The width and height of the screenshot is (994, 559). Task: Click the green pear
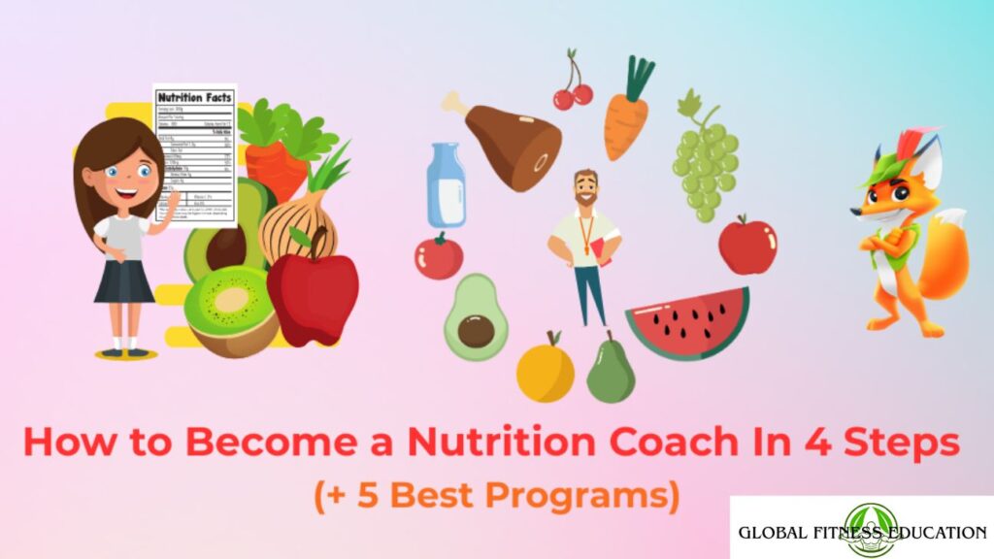(x=610, y=370)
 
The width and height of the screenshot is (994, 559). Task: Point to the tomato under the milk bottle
(x=439, y=256)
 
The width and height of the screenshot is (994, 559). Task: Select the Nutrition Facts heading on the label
(x=194, y=98)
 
